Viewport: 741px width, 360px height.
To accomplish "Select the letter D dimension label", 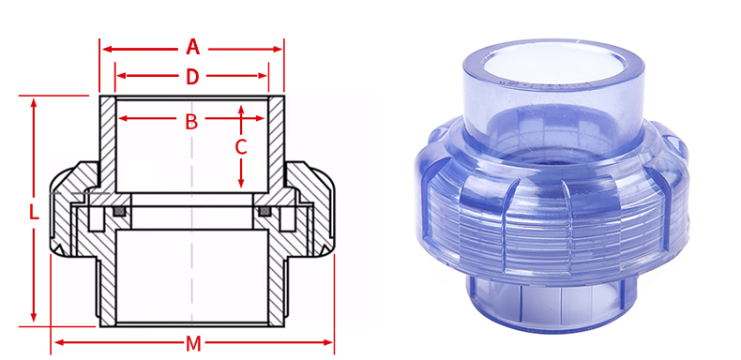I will pyautogui.click(x=192, y=77).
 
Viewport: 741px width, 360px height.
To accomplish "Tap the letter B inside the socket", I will pyautogui.click(x=191, y=120).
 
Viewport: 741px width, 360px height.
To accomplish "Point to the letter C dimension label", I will pyautogui.click(x=241, y=147).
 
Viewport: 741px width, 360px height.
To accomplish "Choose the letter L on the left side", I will pyautogui.click(x=34, y=212).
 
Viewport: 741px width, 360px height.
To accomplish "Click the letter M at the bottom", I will pyautogui.click(x=193, y=343).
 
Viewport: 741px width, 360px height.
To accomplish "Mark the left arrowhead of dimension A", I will pyautogui.click(x=106, y=47).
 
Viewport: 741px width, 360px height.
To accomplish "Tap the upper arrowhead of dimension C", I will pyautogui.click(x=241, y=110).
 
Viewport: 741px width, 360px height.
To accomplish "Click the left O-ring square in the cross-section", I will pyautogui.click(x=118, y=216).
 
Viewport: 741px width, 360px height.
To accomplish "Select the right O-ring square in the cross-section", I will pyautogui.click(x=265, y=216).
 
